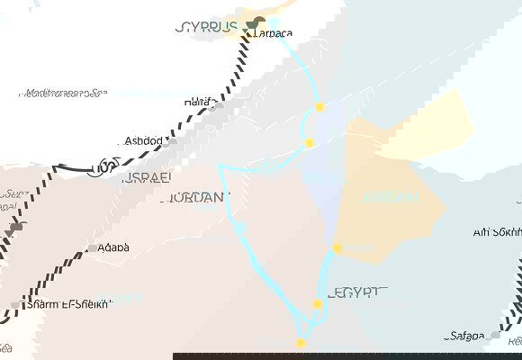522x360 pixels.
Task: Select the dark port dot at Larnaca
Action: [x=258, y=22]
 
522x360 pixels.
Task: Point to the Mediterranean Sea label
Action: [x=62, y=93]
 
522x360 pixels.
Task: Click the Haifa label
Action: [x=198, y=103]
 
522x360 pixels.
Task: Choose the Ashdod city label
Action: [x=143, y=141]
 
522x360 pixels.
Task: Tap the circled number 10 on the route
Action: [x=107, y=166]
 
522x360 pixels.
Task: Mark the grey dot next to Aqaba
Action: [x=92, y=248]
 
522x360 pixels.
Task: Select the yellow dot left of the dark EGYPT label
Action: [x=317, y=304]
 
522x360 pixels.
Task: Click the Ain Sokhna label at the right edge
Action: [x=497, y=231]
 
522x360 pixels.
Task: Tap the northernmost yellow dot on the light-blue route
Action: [x=319, y=107]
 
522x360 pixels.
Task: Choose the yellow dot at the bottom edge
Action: [x=300, y=343]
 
